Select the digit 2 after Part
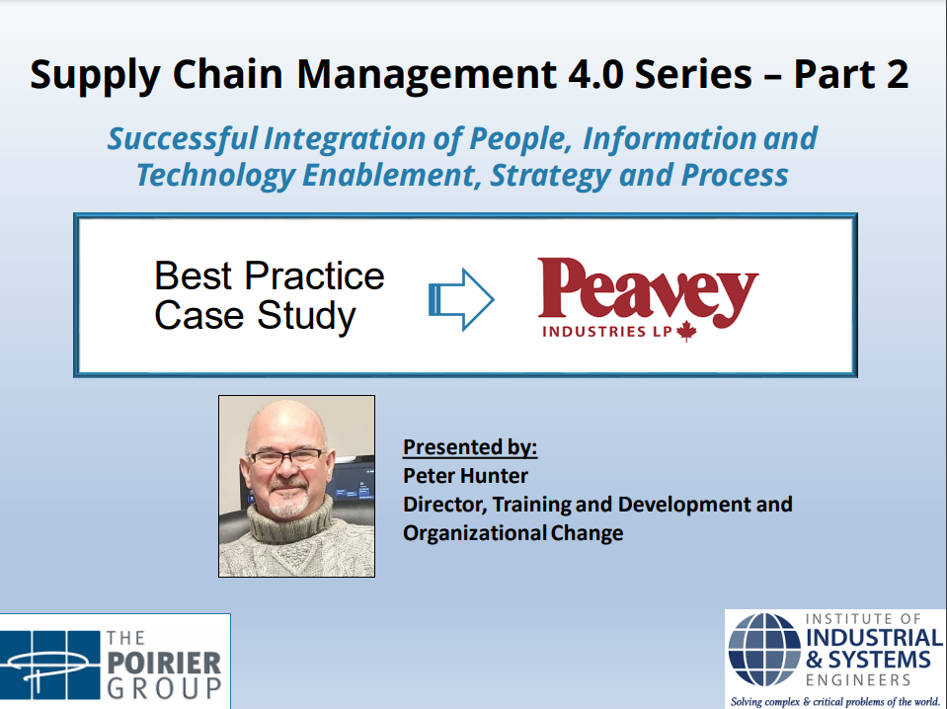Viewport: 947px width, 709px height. coord(897,74)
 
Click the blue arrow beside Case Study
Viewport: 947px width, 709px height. coord(461,299)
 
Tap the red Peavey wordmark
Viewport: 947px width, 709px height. coord(648,291)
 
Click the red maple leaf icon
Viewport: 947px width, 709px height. coord(686,332)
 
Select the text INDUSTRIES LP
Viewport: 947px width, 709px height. coord(607,332)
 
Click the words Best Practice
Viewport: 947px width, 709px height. coord(270,276)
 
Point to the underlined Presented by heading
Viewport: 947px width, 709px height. coord(470,447)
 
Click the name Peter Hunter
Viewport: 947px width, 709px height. coord(465,476)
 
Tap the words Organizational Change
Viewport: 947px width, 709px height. coord(513,534)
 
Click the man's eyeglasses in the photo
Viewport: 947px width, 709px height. coord(285,456)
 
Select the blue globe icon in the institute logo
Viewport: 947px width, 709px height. coord(764,650)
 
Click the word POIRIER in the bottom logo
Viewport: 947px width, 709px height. coord(164,664)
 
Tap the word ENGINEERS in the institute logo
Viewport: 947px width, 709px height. coord(858,680)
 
